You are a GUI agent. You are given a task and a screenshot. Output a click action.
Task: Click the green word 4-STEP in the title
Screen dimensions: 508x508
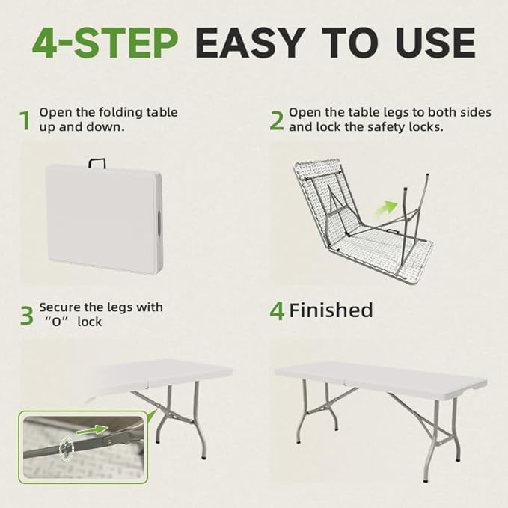tap(105, 43)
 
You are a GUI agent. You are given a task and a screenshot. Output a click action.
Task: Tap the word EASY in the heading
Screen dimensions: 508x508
tap(251, 43)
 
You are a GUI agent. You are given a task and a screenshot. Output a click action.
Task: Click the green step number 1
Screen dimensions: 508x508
tap(25, 121)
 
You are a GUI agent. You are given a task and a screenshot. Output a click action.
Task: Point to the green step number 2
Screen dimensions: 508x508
tap(277, 121)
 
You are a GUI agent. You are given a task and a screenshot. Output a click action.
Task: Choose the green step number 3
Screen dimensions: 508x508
tap(27, 316)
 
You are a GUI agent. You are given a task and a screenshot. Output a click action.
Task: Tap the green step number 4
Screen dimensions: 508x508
tap(277, 311)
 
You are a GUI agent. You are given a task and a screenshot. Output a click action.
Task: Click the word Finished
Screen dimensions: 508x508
tap(331, 310)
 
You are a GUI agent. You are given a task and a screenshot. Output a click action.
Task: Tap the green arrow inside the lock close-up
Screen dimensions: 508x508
tap(92, 430)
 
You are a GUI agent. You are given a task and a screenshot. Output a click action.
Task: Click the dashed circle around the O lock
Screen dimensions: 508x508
tap(66, 447)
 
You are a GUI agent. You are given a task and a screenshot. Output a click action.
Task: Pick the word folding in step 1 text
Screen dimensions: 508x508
tap(120, 113)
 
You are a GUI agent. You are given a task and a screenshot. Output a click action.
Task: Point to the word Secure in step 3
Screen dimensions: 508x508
tap(60, 307)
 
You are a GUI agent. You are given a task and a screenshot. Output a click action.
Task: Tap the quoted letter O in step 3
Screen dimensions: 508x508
tap(57, 322)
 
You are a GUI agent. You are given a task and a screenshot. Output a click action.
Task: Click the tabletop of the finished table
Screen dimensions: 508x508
tap(381, 376)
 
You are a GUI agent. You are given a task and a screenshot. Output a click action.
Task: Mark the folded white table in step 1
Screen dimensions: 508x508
tap(104, 219)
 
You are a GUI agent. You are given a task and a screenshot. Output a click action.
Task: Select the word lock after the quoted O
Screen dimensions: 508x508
tap(90, 322)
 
